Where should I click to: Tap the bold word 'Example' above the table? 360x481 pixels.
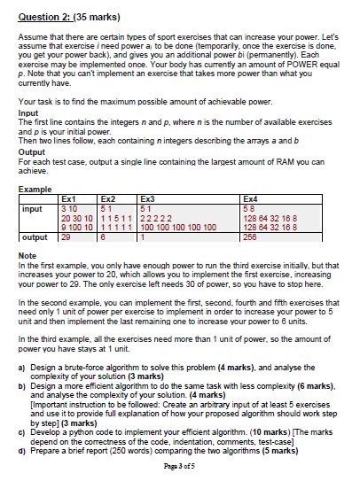[34, 188]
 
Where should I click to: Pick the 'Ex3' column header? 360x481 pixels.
[147, 199]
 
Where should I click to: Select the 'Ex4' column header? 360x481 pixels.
[249, 199]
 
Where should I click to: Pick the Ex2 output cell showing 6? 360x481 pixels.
[103, 237]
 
